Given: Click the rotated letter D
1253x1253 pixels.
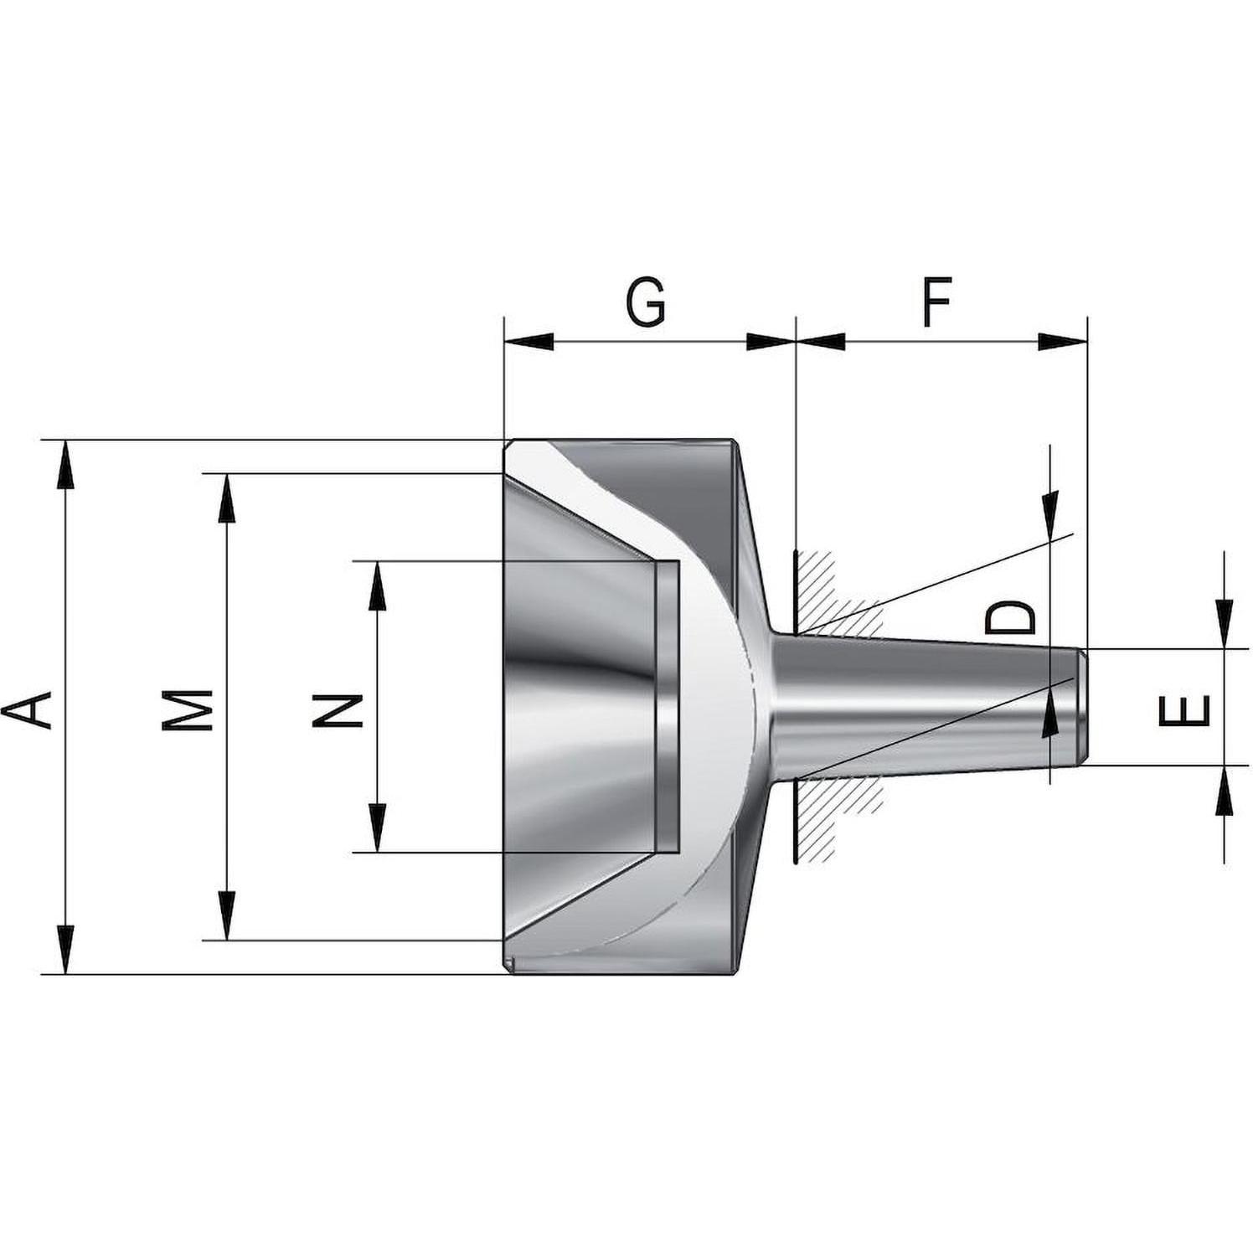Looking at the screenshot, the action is [1009, 617].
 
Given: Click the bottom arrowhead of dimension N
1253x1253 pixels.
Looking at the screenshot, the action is [378, 828].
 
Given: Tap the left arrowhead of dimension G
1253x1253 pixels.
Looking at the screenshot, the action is [529, 341].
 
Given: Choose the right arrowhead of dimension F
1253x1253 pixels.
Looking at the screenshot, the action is [1062, 341].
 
